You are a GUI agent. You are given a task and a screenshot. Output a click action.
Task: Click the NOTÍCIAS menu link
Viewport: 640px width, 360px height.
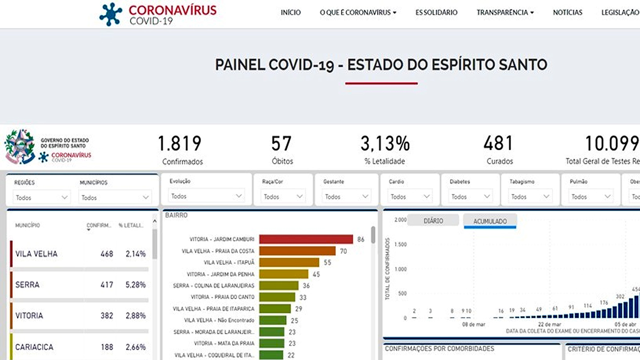(x=567, y=12)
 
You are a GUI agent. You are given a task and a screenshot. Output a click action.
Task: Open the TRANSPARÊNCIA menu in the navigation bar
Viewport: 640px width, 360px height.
(x=505, y=12)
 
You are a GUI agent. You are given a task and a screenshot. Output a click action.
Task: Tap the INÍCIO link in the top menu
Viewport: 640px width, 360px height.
(x=291, y=12)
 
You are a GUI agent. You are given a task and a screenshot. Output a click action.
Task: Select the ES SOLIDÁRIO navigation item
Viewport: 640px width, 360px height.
(x=436, y=12)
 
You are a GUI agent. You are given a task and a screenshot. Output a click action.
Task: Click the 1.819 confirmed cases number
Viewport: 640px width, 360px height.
(x=180, y=144)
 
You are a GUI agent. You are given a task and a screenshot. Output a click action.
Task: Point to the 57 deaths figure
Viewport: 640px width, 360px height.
(x=282, y=144)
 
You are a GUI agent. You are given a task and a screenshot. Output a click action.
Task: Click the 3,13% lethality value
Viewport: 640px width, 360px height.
(x=384, y=144)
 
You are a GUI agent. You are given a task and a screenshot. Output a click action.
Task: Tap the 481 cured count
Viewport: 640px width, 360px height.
(x=498, y=144)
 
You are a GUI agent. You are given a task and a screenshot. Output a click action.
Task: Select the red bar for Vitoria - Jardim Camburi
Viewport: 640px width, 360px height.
(x=306, y=239)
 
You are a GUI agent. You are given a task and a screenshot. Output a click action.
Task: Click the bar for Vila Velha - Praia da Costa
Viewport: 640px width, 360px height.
(x=297, y=251)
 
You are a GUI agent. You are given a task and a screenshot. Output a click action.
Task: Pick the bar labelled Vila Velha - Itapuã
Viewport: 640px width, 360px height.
(x=289, y=262)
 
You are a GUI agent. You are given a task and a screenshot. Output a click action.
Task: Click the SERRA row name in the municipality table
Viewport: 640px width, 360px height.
(x=27, y=284)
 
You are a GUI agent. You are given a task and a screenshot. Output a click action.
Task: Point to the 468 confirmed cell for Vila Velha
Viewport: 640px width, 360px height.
(x=107, y=254)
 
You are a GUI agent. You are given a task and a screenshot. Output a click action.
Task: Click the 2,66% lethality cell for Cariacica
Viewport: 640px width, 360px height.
(x=136, y=347)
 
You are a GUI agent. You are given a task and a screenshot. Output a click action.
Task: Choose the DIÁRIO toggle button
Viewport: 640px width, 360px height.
(x=433, y=220)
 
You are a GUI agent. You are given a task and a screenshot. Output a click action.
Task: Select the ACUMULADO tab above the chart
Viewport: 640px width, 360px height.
(x=490, y=221)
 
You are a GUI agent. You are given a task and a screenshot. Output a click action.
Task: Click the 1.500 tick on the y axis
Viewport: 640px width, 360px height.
(x=400, y=244)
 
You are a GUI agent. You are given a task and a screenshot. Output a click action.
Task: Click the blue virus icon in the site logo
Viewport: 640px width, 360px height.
(x=111, y=14)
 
